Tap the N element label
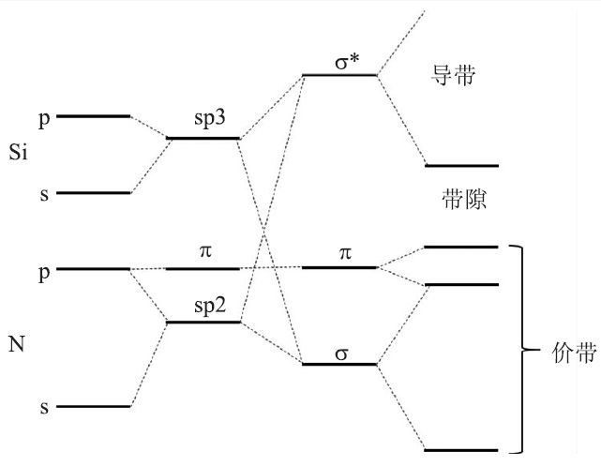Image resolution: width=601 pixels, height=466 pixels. (16, 345)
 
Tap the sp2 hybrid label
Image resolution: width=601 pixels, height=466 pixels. (203, 308)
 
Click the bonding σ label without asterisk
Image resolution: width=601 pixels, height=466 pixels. (338, 349)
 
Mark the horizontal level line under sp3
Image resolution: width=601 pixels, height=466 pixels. (203, 139)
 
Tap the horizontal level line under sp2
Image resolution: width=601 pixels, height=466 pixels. (203, 323)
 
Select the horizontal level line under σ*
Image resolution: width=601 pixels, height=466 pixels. (338, 75)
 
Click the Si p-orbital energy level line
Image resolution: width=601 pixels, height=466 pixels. (94, 116)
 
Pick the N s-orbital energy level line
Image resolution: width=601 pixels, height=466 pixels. (94, 406)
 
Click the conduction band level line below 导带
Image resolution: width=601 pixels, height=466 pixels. (461, 165)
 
